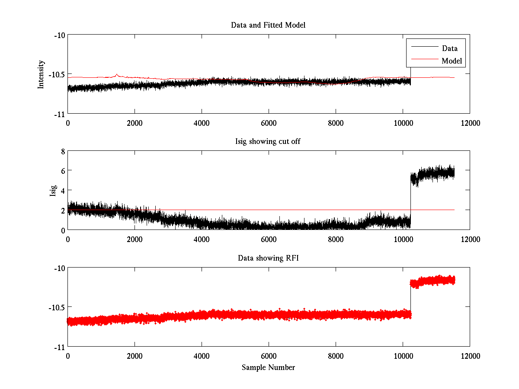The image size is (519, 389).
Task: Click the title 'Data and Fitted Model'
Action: click(268, 25)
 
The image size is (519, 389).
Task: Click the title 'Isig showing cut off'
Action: click(268, 141)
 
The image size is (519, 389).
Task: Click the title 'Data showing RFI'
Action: click(268, 258)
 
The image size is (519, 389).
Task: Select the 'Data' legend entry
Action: click(449, 48)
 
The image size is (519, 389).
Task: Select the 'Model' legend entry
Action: click(452, 61)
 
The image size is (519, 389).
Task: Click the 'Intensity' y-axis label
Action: click(41, 74)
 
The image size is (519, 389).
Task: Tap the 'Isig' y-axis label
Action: click(53, 191)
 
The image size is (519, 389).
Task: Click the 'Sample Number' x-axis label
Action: click(268, 367)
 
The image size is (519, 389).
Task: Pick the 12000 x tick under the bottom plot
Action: click(470, 356)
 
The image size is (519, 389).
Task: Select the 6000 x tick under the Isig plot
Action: click(269, 239)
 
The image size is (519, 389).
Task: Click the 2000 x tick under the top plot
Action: click(135, 123)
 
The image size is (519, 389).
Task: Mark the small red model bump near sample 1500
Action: click(117, 75)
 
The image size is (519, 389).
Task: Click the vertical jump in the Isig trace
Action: click(410, 199)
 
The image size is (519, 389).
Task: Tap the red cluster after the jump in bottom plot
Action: click(432, 281)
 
